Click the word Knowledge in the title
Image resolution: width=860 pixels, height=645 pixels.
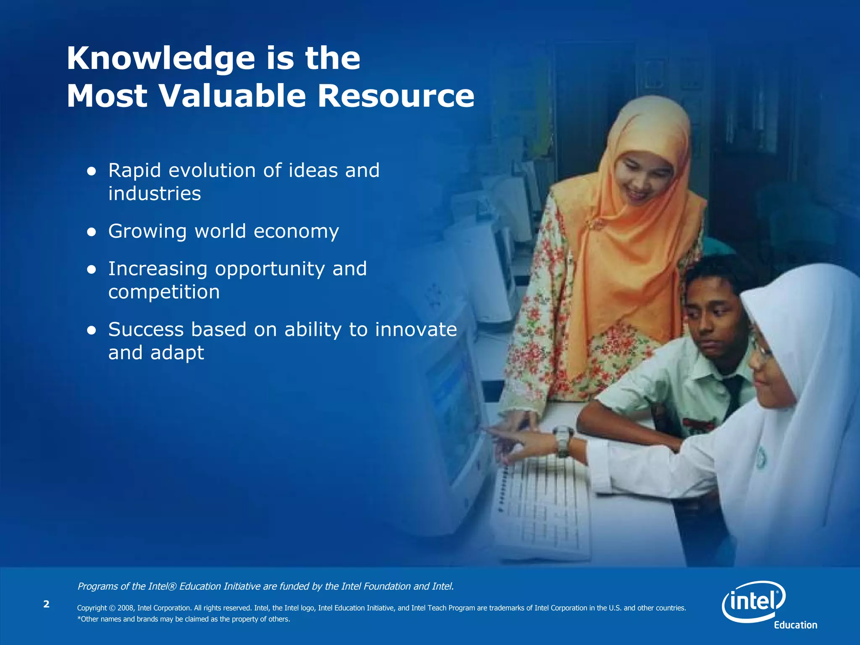(160, 59)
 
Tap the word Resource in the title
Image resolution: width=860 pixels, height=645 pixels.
(396, 96)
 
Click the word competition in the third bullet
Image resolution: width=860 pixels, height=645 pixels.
(164, 292)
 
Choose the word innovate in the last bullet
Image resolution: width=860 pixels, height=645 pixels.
(416, 329)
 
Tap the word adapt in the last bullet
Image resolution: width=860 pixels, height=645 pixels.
(177, 353)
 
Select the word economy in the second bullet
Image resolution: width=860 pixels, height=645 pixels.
(296, 232)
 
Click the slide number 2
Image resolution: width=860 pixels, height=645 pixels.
(46, 604)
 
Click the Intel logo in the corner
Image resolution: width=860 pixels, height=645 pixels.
(754, 601)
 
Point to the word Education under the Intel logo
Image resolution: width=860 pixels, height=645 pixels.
(795, 625)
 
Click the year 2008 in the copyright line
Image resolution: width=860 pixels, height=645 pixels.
(126, 608)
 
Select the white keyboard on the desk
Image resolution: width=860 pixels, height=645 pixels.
(542, 508)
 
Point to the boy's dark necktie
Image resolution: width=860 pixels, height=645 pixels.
(734, 395)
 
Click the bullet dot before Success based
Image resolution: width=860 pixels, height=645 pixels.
(92, 330)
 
